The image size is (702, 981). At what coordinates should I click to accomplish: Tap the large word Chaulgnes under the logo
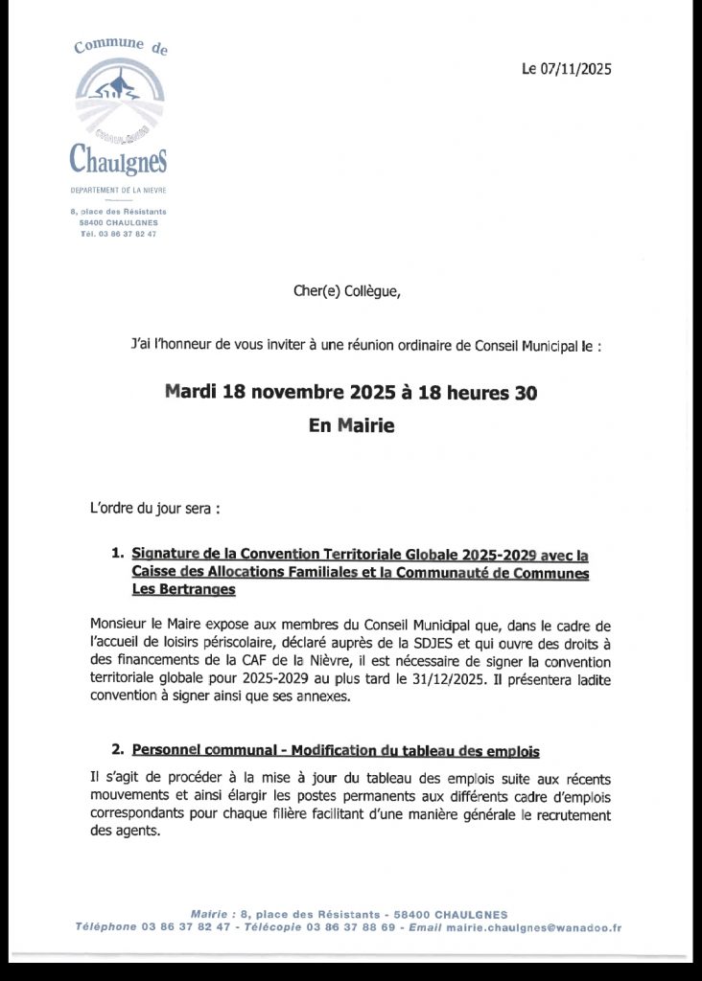pyautogui.click(x=119, y=156)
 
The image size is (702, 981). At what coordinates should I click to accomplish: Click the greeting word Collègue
pyautogui.click(x=365, y=292)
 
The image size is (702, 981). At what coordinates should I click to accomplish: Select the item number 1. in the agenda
pyautogui.click(x=118, y=554)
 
